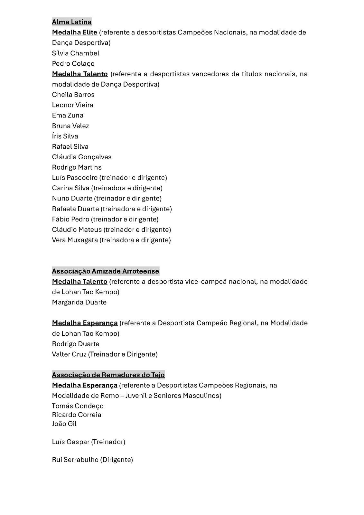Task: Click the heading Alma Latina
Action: click(x=72, y=22)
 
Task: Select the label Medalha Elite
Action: click(x=75, y=32)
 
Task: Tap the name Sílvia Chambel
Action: click(x=76, y=53)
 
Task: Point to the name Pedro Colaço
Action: click(x=73, y=63)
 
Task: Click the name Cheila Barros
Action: click(x=73, y=95)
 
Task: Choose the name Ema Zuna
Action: click(x=68, y=115)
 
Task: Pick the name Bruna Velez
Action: click(x=70, y=126)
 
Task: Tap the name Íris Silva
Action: click(x=65, y=136)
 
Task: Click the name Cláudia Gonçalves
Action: click(x=82, y=157)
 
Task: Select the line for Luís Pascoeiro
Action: click(x=109, y=178)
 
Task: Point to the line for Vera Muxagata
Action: click(x=111, y=240)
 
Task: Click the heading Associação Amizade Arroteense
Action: click(x=106, y=271)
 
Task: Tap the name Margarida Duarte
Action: click(x=79, y=302)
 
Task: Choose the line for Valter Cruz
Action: click(x=105, y=354)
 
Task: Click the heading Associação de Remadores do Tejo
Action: click(x=108, y=375)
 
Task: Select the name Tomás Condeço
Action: click(x=78, y=406)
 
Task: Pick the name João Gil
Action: click(x=64, y=424)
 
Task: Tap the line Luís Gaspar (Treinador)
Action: click(x=89, y=442)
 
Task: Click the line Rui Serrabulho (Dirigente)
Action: click(x=92, y=460)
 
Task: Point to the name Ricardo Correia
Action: click(x=77, y=415)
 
